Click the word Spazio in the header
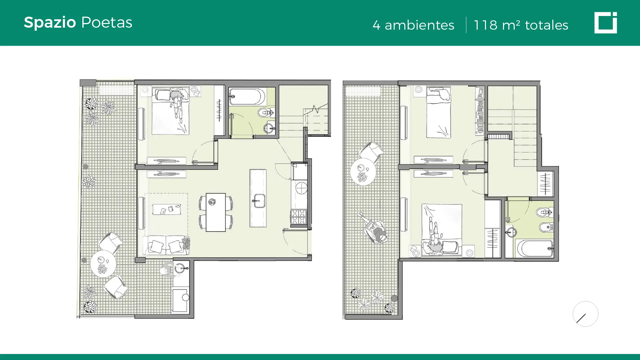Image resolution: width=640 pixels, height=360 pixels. tap(50, 23)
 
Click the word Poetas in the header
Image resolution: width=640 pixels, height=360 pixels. tap(107, 22)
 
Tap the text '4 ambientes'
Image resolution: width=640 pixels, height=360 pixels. tap(413, 25)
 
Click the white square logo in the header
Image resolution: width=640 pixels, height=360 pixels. tap(605, 23)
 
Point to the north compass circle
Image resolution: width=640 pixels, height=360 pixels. tap(585, 314)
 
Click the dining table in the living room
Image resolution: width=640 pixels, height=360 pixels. tap(216, 212)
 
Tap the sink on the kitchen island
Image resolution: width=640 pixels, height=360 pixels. tap(258, 201)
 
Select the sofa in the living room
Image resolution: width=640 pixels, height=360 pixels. tap(166, 245)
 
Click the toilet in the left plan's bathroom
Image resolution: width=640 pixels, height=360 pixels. tap(266, 113)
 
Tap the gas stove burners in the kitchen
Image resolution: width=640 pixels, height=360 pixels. tap(299, 217)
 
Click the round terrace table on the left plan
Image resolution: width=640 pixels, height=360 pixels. tap(103, 264)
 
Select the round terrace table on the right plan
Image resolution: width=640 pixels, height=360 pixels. tap(363, 172)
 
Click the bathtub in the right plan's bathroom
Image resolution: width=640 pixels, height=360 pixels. tap(535, 248)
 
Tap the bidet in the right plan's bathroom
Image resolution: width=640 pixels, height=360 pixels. tap(546, 227)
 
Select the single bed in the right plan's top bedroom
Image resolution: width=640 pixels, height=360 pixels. tap(439, 112)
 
